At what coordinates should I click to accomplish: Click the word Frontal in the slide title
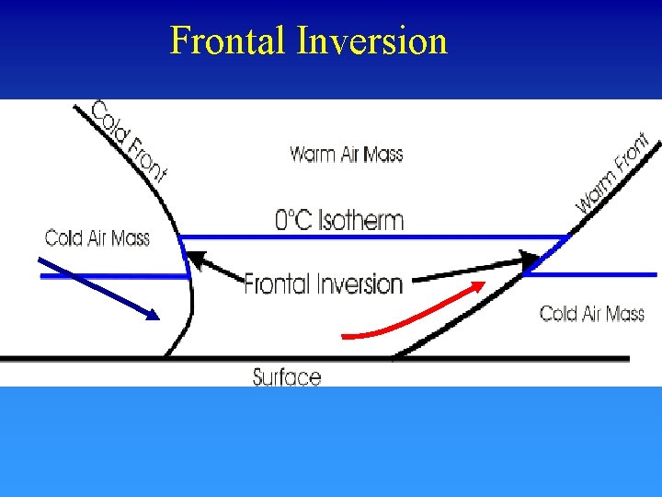229,41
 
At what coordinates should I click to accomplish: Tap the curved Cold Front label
129,140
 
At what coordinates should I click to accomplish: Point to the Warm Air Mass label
347,154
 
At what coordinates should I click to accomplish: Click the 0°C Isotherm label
339,220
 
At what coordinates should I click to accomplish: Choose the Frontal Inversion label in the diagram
324,283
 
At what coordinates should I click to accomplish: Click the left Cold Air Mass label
97,239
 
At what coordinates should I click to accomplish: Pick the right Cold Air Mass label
592,314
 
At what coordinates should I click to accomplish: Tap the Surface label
287,376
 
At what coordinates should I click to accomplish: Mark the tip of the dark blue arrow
158,318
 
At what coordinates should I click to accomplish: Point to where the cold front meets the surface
165,356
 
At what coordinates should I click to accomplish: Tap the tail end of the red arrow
343,335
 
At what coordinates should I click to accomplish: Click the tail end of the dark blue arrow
39,260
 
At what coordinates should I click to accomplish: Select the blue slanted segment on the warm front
546,255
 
